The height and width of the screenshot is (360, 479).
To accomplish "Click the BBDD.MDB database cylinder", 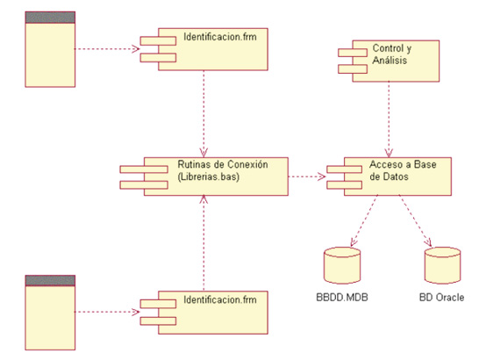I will (342, 264).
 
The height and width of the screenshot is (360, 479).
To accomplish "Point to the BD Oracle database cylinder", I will (443, 264).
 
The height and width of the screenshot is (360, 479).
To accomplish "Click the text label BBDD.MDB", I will (342, 299).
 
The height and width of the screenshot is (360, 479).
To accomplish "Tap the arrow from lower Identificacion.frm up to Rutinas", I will (204, 241).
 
